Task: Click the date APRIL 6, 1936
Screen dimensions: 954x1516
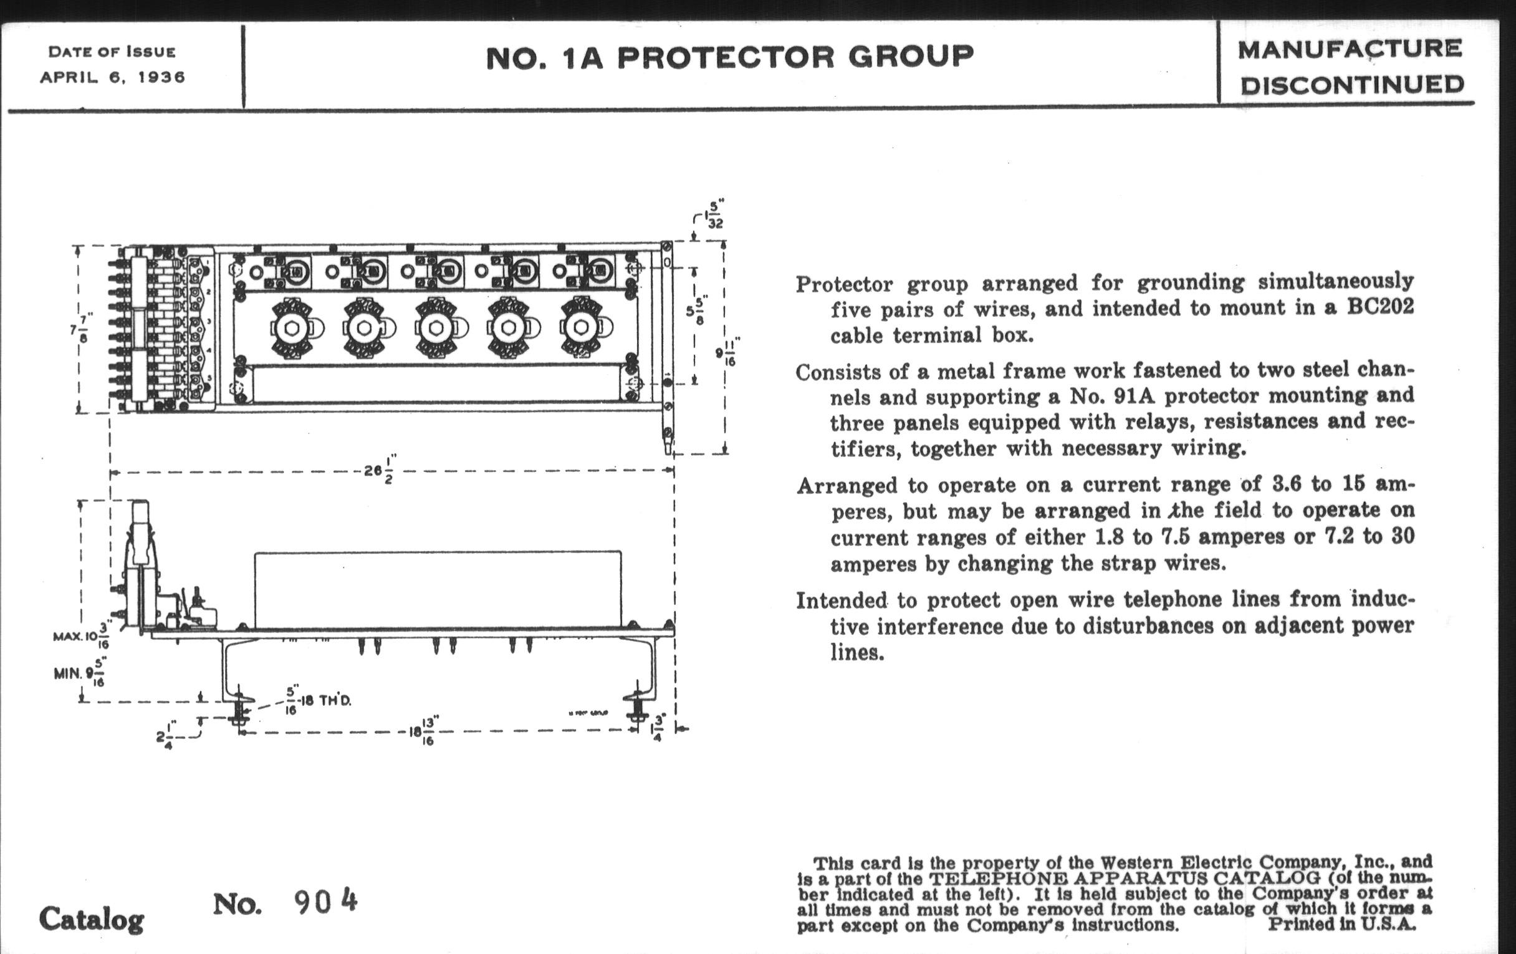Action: click(113, 77)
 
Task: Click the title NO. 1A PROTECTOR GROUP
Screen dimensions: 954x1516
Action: click(730, 57)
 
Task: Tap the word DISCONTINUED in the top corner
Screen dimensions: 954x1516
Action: click(1352, 85)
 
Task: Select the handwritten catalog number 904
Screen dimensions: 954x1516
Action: click(325, 903)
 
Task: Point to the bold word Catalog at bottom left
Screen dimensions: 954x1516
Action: click(92, 919)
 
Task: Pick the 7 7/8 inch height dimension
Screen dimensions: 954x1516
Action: click(80, 328)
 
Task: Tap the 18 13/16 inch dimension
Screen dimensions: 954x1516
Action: click(423, 731)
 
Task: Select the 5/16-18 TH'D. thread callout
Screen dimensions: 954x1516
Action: click(318, 700)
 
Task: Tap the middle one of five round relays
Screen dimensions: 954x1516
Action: click(436, 328)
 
